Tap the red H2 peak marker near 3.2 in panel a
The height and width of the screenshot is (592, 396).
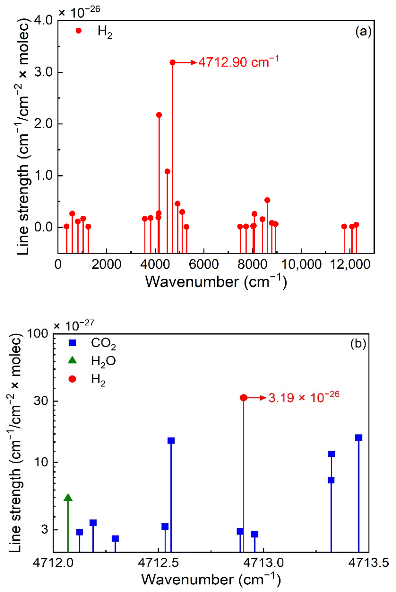pos(172,62)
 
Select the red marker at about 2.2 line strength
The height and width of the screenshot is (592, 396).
pos(159,115)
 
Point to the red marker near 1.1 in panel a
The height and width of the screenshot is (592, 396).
pos(167,171)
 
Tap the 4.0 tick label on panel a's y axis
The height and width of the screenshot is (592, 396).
pos(43,20)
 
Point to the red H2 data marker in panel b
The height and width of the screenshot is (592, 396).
pos(244,398)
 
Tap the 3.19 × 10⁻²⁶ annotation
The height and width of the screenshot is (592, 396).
pos(304,397)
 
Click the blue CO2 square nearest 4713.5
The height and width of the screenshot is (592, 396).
pos(359,445)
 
